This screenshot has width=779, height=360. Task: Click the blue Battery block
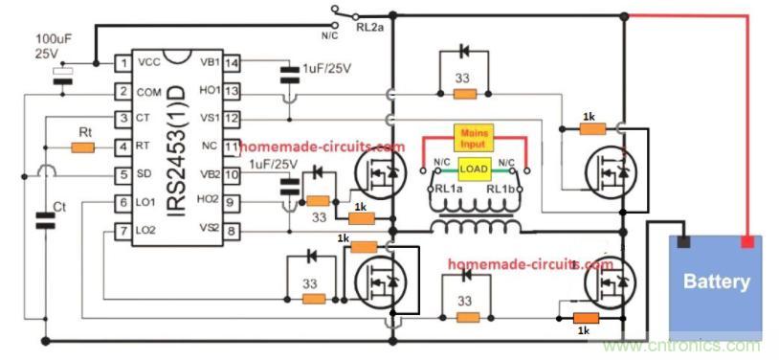[x=716, y=282]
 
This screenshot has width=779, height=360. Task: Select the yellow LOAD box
[x=475, y=169]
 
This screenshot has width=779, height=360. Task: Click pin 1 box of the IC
[x=122, y=62]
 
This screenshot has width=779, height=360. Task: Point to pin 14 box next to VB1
[x=231, y=62]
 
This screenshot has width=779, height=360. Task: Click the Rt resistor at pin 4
[x=83, y=147]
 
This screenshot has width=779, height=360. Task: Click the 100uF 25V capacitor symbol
[x=64, y=77]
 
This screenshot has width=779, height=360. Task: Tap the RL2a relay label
[x=370, y=28]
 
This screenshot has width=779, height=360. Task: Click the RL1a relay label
[x=447, y=190]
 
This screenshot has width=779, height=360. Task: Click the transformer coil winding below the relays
[x=476, y=227]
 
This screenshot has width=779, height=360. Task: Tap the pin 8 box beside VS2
[x=231, y=231]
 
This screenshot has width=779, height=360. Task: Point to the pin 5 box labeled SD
[x=122, y=175]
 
